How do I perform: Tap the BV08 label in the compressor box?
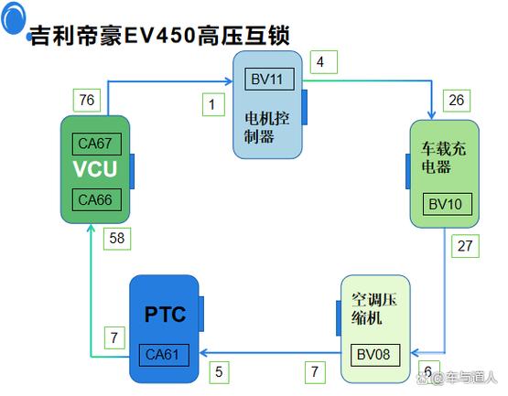click(x=372, y=350)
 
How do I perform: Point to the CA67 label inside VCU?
click(x=94, y=144)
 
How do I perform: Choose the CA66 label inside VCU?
click(x=94, y=199)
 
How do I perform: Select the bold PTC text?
click(x=165, y=316)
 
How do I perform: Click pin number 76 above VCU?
click(x=85, y=99)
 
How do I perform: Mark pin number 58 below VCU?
click(x=116, y=239)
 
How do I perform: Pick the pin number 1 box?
click(x=212, y=104)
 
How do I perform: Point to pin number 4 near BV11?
click(x=321, y=62)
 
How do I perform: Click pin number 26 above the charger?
click(x=456, y=100)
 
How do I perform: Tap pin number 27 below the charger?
click(x=464, y=245)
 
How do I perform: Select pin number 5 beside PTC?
click(x=219, y=371)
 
